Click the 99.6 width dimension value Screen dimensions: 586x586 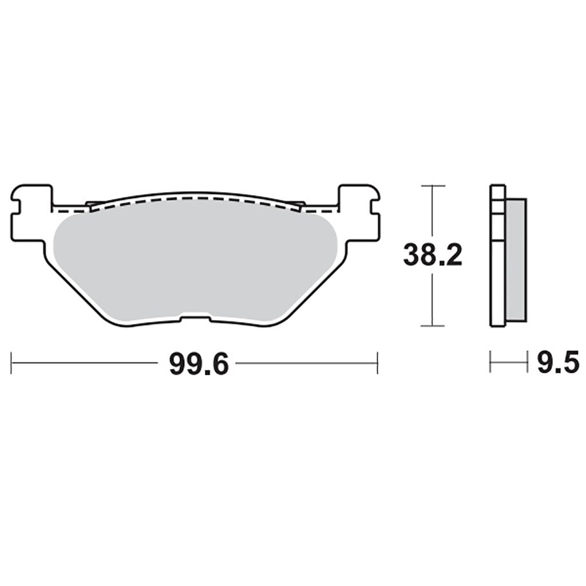pyautogui.click(x=199, y=364)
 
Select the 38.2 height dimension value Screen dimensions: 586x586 pyautogui.click(x=433, y=255)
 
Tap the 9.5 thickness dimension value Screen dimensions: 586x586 pyautogui.click(x=558, y=362)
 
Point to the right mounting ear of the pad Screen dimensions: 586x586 pyautogui.click(x=359, y=213)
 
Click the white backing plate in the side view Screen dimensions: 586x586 pyautogui.click(x=497, y=256)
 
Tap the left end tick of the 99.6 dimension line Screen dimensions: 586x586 pyautogui.click(x=11, y=362)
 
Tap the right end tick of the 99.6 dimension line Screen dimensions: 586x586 pyautogui.click(x=378, y=362)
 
